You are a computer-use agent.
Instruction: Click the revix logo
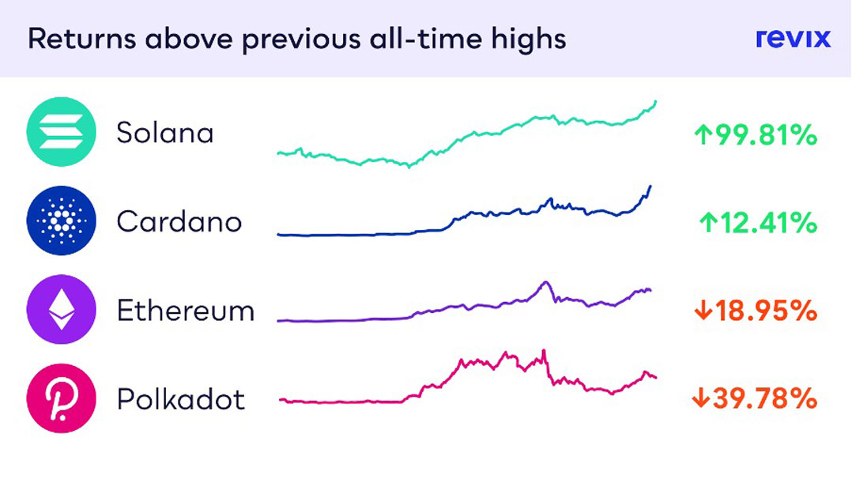click(x=793, y=38)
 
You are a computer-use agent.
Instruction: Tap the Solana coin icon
click(x=62, y=131)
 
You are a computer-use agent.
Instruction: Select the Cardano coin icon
click(x=62, y=221)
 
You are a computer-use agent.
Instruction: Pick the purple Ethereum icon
click(x=62, y=309)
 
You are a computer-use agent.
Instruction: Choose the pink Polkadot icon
click(x=62, y=398)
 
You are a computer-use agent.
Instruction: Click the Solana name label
click(x=165, y=134)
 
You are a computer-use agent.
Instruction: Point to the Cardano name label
click(x=179, y=222)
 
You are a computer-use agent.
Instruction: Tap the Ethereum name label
click(x=186, y=311)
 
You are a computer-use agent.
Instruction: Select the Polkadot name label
click(x=181, y=400)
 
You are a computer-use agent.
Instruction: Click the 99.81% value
click(x=766, y=135)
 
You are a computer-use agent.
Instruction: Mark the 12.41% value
click(x=769, y=223)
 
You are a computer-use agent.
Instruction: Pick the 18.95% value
click(x=766, y=311)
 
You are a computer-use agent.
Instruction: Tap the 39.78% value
click(x=765, y=398)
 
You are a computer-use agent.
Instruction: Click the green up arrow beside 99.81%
click(x=703, y=135)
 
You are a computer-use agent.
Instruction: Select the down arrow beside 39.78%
click(x=701, y=398)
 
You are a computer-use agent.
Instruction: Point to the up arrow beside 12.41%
click(x=708, y=223)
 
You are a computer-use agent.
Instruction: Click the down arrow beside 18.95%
click(x=703, y=311)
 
